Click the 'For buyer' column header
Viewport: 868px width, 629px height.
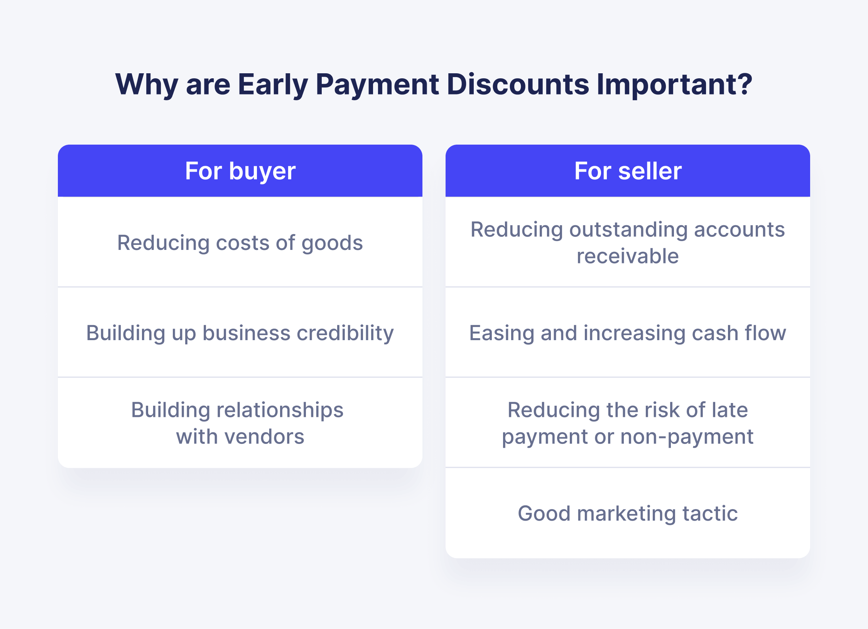tap(240, 171)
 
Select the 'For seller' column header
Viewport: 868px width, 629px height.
tap(628, 171)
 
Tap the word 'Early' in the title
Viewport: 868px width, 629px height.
tap(273, 84)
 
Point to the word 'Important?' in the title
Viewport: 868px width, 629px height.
tap(674, 84)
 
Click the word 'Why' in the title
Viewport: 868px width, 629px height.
tap(147, 84)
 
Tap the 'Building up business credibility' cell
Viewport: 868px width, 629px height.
tap(240, 333)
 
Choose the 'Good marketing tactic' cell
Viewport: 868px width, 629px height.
tap(628, 513)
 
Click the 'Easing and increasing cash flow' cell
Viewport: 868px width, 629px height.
tap(628, 333)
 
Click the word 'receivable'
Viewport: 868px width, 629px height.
tap(628, 256)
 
